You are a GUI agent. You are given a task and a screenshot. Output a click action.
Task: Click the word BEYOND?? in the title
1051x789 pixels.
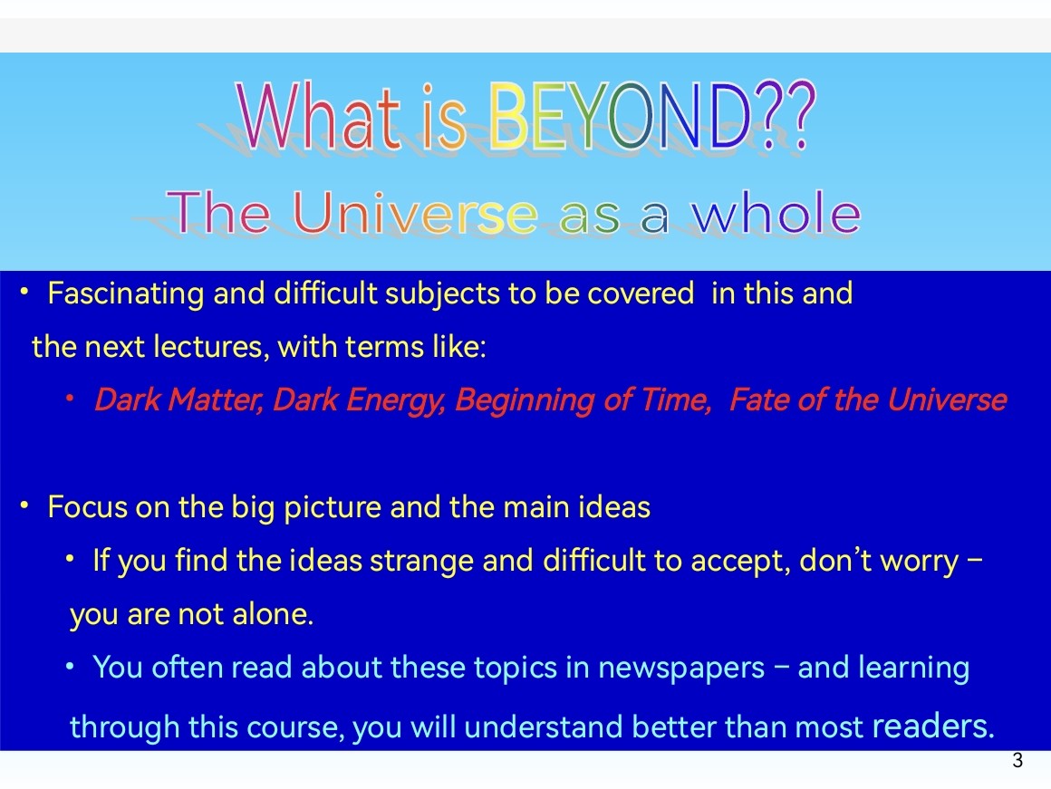[x=651, y=115]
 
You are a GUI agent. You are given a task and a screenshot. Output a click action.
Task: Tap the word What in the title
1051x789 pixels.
[x=319, y=115]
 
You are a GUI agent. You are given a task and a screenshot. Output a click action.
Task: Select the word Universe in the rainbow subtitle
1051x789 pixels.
[x=415, y=213]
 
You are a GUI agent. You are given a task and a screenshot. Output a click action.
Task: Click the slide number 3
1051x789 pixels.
[x=1017, y=760]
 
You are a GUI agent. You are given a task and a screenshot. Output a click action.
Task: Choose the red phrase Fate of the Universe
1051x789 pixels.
[x=868, y=399]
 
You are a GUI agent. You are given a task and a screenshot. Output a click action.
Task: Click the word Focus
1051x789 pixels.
[x=88, y=506]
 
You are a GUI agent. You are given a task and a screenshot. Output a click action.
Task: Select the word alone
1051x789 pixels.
[x=274, y=613]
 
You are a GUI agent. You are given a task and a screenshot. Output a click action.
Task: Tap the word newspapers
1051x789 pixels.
[x=681, y=669]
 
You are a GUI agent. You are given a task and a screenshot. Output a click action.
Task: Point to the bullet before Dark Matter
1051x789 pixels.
[x=70, y=399]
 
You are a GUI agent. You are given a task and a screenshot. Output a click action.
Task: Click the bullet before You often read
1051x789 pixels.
[x=70, y=667]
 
